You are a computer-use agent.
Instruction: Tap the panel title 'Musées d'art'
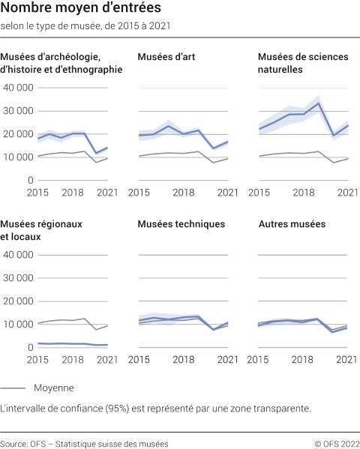click(166, 56)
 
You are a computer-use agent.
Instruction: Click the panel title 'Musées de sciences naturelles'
click(297, 62)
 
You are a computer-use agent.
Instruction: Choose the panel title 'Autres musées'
click(292, 224)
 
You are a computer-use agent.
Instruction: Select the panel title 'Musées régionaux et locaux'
click(41, 230)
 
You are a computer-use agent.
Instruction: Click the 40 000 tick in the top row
click(18, 88)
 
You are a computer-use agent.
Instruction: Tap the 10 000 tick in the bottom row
click(18, 325)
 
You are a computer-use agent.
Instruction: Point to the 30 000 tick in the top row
click(18, 111)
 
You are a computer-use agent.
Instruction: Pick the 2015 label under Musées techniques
click(149, 361)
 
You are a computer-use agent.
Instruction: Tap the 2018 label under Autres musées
click(304, 361)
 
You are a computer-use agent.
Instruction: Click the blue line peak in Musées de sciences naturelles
click(319, 103)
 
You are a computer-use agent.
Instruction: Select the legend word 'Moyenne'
click(53, 388)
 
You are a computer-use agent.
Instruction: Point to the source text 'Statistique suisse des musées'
click(112, 443)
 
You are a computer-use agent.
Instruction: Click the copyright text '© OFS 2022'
click(337, 443)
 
